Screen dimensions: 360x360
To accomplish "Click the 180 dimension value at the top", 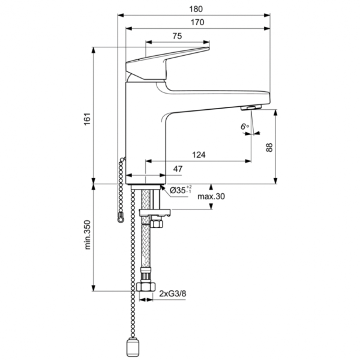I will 196,8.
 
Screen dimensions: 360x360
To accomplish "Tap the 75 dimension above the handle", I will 177,37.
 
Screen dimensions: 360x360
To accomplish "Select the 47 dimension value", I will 178,170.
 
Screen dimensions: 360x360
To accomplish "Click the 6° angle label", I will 244,127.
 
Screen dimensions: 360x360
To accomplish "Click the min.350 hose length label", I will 87,235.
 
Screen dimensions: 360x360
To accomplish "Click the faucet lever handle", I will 168,60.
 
